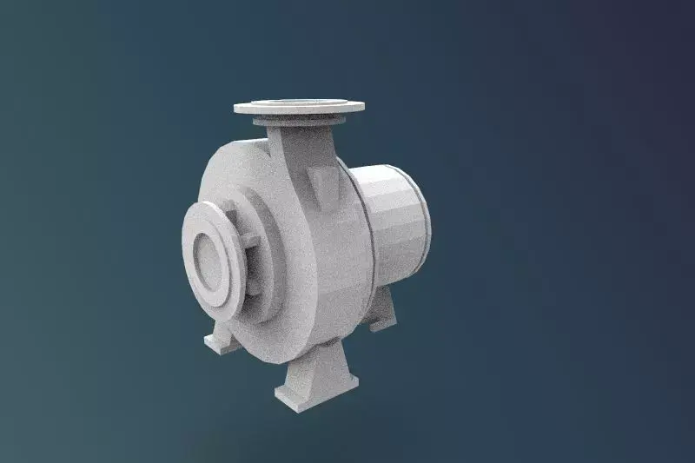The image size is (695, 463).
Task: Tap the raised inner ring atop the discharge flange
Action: click(x=298, y=103)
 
